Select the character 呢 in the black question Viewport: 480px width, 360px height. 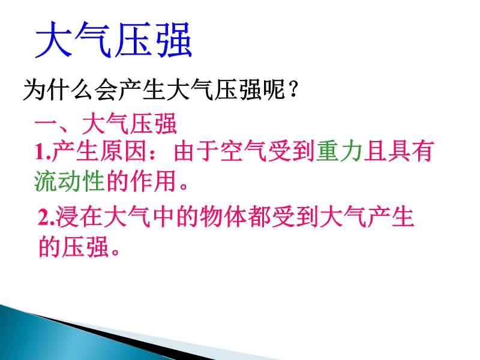274,89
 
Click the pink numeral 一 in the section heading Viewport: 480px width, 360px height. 46,124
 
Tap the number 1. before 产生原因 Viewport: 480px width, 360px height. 42,152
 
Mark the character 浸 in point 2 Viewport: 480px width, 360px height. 67,217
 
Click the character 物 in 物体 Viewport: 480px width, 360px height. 211,217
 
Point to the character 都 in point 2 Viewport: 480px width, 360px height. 259,217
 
